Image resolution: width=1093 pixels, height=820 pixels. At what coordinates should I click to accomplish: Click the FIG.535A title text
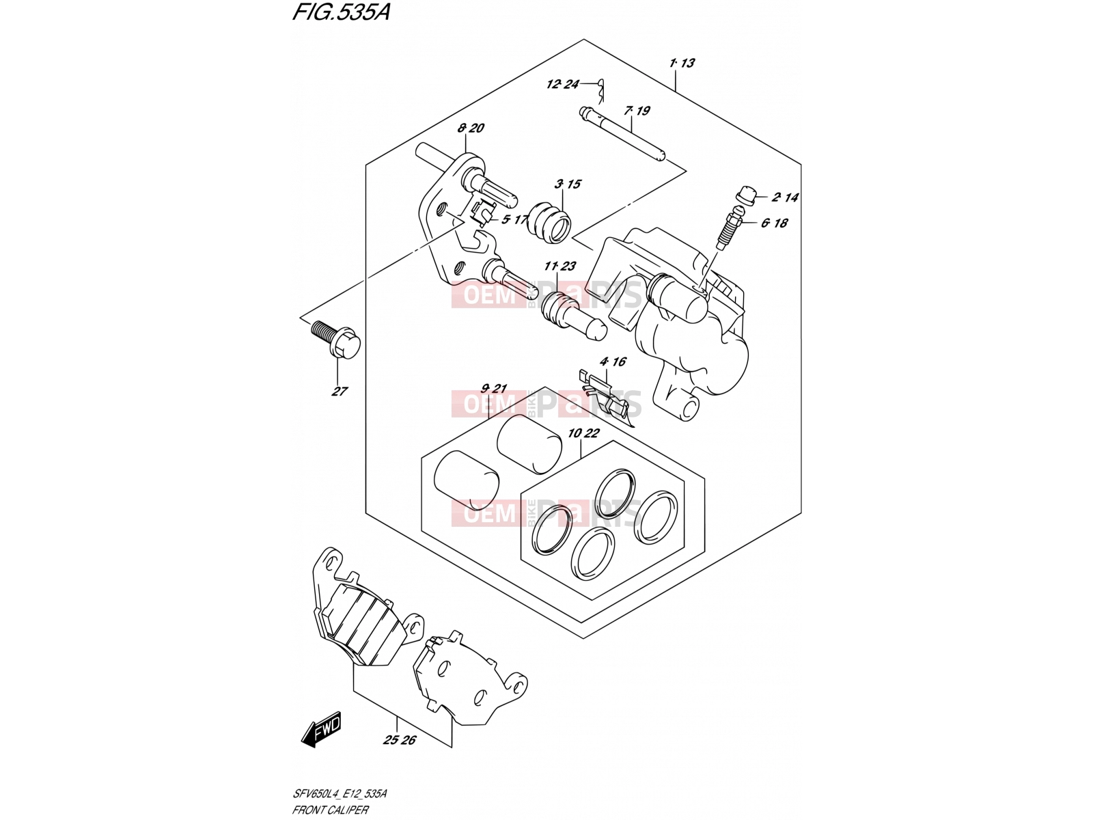pos(341,12)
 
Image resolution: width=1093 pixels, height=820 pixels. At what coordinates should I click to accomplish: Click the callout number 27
pos(340,392)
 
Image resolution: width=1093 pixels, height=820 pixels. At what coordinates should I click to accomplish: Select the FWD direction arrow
pos(322,729)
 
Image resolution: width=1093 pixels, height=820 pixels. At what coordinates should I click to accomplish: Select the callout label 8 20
pos(471,128)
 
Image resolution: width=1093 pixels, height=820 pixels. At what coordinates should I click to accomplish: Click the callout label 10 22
pos(583,433)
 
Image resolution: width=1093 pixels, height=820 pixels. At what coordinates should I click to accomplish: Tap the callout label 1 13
pos(682,63)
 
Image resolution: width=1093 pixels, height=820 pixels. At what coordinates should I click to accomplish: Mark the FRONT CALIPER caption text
pos(330,810)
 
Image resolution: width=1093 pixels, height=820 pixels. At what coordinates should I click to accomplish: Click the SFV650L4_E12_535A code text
pos(339,793)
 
